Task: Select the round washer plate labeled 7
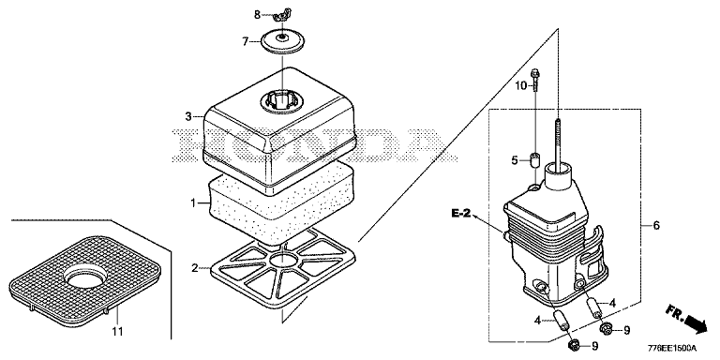283,42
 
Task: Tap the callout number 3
188,117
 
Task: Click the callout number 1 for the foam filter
193,202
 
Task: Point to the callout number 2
195,268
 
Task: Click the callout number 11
117,331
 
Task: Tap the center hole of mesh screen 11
85,279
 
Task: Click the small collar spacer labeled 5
535,160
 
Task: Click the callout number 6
655,225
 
